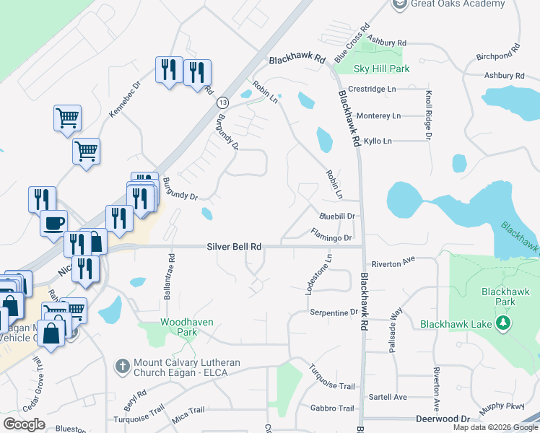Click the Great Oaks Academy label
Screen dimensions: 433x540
(x=458, y=4)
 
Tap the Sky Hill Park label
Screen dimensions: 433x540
(x=382, y=69)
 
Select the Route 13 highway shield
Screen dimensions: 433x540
(x=222, y=102)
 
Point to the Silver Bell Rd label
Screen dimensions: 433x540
(x=234, y=247)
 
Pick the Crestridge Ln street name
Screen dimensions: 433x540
(x=372, y=89)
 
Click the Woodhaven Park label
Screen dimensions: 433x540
(x=178, y=327)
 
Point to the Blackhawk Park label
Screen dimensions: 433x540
(x=499, y=297)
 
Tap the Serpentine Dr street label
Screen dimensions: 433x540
(x=334, y=312)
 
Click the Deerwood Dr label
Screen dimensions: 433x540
(x=443, y=419)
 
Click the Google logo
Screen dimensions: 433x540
(x=24, y=424)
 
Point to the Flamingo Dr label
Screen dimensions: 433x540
(x=331, y=235)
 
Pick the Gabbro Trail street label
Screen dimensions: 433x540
(x=331, y=408)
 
